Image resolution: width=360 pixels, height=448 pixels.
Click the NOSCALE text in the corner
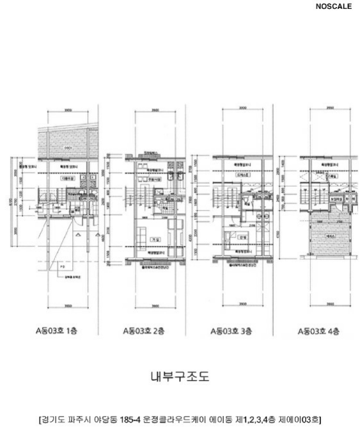(333, 7)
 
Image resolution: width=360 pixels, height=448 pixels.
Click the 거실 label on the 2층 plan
(154, 239)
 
